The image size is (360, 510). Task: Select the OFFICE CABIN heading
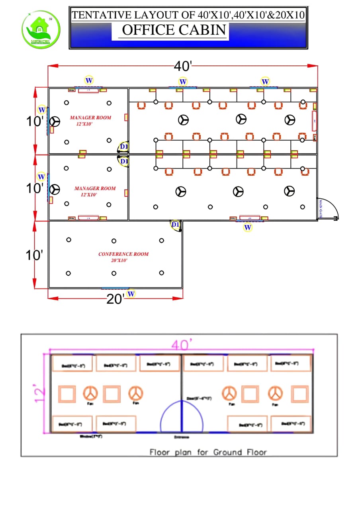[x=174, y=30]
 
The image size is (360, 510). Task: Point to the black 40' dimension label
[x=183, y=66]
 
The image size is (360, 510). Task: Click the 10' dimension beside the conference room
[x=34, y=255]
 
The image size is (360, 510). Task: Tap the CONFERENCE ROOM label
[x=123, y=254]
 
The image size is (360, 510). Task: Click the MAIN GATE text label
[x=320, y=210]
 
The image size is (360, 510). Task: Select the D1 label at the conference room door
[x=175, y=225]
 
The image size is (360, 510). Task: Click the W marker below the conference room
[x=131, y=294]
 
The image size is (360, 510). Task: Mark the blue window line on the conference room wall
[x=115, y=288]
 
